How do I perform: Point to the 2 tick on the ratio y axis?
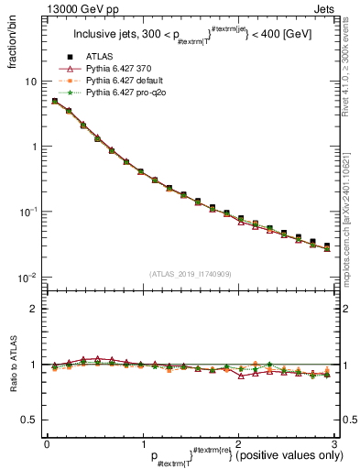pyautogui.click(x=33, y=309)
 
